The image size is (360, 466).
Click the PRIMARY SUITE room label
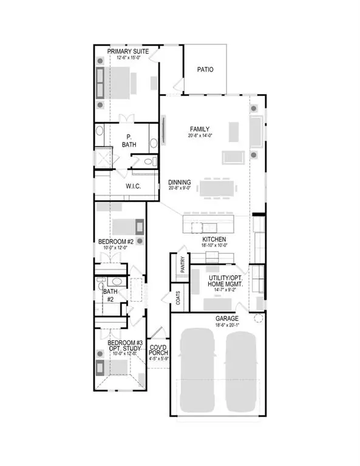pos(127,52)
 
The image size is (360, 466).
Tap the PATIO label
pos(206,70)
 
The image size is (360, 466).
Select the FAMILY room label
pos(200,129)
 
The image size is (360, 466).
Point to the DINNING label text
pos(180,181)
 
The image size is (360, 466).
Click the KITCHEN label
pos(214,240)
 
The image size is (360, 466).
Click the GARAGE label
pos(225,319)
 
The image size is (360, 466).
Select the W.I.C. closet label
pos(134,186)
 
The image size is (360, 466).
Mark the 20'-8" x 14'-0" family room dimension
pos(200,137)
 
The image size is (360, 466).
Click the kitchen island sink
pos(195,228)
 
